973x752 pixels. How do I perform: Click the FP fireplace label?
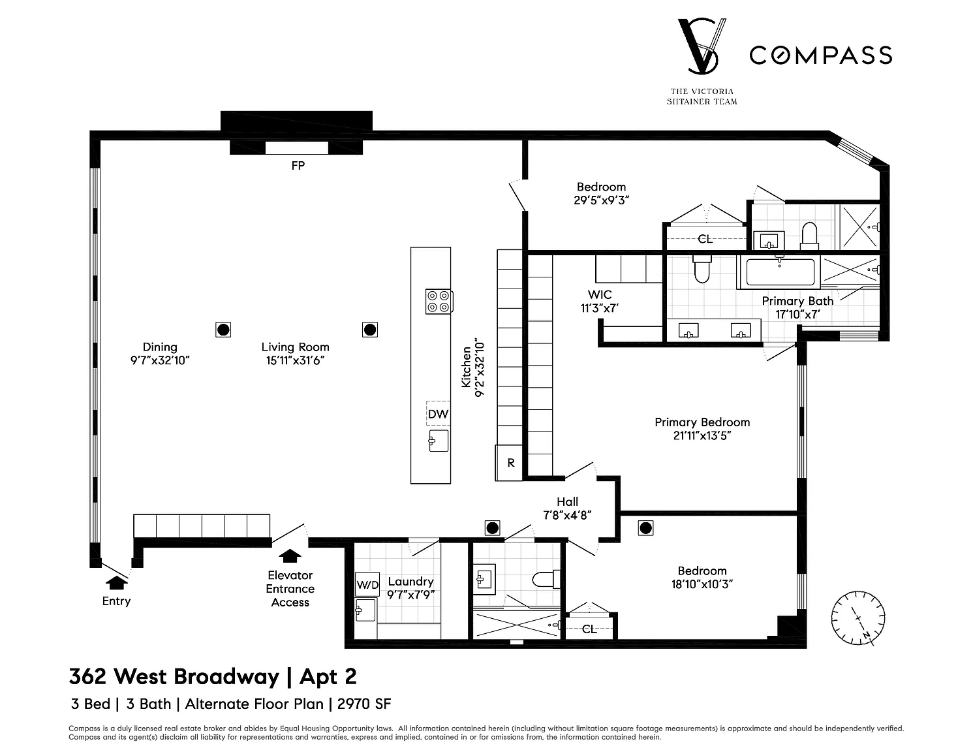(298, 166)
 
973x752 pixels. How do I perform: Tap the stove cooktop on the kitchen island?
(439, 301)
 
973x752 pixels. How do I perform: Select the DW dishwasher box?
(438, 414)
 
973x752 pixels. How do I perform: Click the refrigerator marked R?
(510, 463)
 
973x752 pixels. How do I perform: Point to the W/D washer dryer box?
(367, 585)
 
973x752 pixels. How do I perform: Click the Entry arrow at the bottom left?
(116, 582)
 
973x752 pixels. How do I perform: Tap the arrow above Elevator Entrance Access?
(290, 556)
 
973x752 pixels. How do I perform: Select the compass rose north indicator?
(858, 617)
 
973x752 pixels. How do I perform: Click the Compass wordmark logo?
(820, 55)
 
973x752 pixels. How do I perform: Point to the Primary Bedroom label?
(702, 422)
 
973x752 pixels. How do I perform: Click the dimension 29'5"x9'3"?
(601, 201)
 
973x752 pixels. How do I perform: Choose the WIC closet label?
(599, 294)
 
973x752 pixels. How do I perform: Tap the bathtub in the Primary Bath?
(779, 272)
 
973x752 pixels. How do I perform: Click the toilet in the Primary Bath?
(702, 268)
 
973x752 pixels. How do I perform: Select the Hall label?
(567, 502)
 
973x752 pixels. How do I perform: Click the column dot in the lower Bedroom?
(645, 527)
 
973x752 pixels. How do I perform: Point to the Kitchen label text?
(467, 367)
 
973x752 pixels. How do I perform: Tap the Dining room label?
(160, 347)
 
